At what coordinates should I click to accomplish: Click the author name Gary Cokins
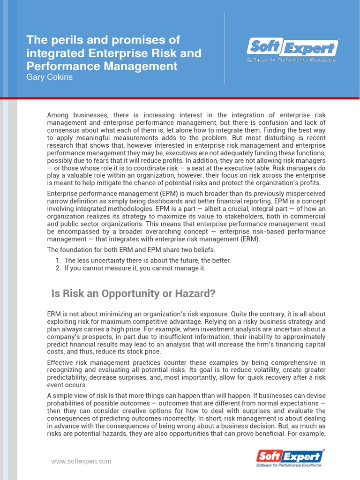pyautogui.click(x=50, y=77)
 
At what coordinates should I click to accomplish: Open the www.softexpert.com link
pyautogui.click(x=81, y=461)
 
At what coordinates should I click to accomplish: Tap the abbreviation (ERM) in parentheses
pyautogui.click(x=247, y=239)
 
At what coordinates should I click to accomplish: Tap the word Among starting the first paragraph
pyautogui.click(x=58, y=115)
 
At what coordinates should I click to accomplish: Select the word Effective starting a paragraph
pyautogui.click(x=61, y=363)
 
